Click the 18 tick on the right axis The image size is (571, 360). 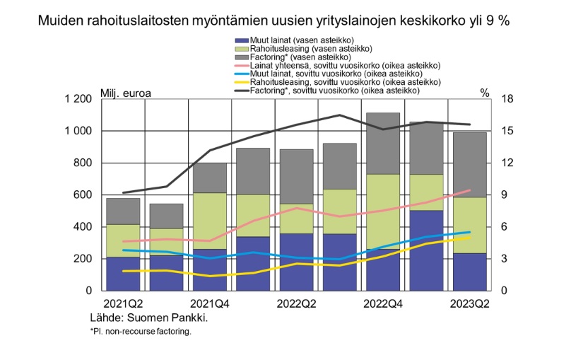(x=505, y=99)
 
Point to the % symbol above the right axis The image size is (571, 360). (x=485, y=93)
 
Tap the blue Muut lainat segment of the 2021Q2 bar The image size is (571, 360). (x=122, y=274)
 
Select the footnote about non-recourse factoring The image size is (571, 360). (x=140, y=330)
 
